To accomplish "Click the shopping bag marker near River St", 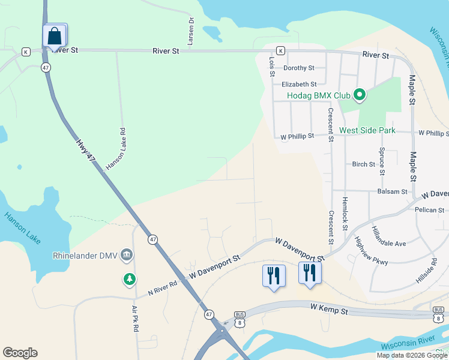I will click(55, 35).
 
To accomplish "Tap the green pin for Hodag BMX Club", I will click(360, 95).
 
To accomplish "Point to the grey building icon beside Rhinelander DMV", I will click(127, 255).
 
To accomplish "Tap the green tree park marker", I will click(129, 279).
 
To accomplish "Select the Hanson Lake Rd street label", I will click(115, 149).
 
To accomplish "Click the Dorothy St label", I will click(299, 68).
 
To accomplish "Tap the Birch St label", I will click(363, 164).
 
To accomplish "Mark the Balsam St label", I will click(393, 192).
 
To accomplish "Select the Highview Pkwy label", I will click(371, 250).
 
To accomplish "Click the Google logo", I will click(20, 353).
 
